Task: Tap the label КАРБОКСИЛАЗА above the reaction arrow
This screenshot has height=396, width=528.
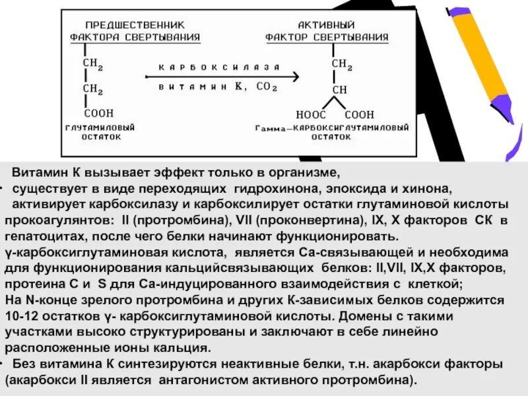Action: tap(218, 67)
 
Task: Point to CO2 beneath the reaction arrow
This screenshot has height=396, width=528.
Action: tap(267, 87)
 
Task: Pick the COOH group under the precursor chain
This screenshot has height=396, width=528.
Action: tap(98, 113)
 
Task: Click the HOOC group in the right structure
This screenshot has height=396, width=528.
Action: tap(308, 114)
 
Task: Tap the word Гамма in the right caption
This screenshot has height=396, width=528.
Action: tap(271, 127)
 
